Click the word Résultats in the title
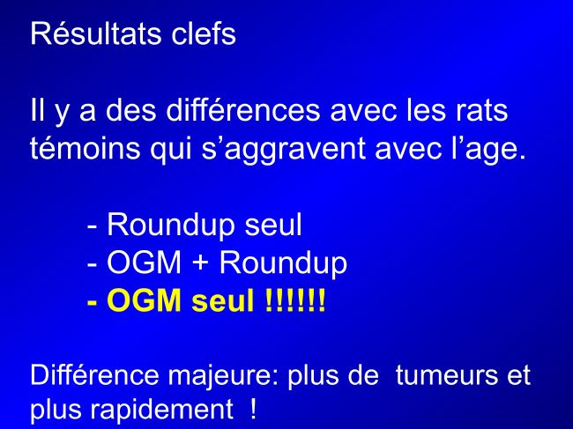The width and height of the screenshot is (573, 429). (96, 34)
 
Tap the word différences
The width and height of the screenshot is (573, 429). (243, 110)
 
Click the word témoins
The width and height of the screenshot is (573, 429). (86, 148)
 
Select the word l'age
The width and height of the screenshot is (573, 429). (488, 150)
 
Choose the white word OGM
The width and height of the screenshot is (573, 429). (144, 263)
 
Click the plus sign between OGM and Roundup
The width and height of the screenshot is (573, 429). (200, 263)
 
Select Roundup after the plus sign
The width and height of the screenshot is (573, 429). (283, 263)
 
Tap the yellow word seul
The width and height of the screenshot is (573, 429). (222, 300)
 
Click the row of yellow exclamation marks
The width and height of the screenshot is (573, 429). (295, 300)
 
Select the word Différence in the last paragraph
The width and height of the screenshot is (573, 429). (94, 374)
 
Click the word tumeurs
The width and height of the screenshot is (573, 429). (446, 375)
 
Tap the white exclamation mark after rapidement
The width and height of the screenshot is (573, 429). (253, 409)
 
